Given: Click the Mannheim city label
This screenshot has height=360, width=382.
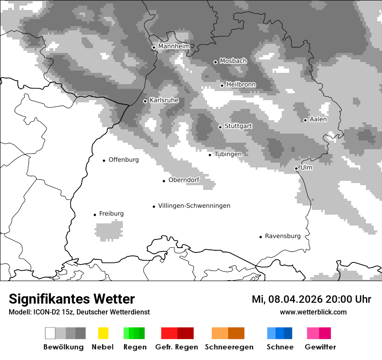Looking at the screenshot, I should pos(174,46).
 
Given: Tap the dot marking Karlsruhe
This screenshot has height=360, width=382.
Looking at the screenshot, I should pos(145,101).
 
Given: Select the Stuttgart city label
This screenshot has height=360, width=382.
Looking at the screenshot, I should pos(238,126).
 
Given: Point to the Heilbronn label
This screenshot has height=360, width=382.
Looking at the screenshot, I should pos(241,85).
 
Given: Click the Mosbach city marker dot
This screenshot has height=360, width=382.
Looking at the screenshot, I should pos(215,62).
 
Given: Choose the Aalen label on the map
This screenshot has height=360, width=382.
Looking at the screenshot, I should pos(318,119).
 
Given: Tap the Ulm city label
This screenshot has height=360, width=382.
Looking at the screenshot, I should pos(306,167).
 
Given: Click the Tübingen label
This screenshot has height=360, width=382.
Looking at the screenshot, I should pos(228,154).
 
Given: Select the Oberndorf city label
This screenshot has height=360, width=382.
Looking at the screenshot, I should pos(184,180).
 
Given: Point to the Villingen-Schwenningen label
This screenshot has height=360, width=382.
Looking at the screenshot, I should pos(194,206).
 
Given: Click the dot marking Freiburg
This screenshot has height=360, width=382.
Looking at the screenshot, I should pos(95,215).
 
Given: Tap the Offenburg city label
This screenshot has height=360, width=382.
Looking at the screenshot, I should pos(124,160).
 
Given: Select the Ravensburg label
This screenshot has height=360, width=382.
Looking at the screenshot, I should pos(283,236).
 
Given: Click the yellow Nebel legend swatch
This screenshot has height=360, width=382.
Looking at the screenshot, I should pos(103,333).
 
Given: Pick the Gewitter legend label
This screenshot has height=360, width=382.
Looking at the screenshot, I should pos(320,347).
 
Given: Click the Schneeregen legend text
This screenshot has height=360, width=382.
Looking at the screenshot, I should pos(229,347).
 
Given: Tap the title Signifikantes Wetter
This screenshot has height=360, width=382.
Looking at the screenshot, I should pos(72,299).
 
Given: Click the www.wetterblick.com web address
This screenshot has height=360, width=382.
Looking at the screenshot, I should pos(313,312).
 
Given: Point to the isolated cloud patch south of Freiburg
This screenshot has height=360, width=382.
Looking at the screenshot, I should pos(109,230).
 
